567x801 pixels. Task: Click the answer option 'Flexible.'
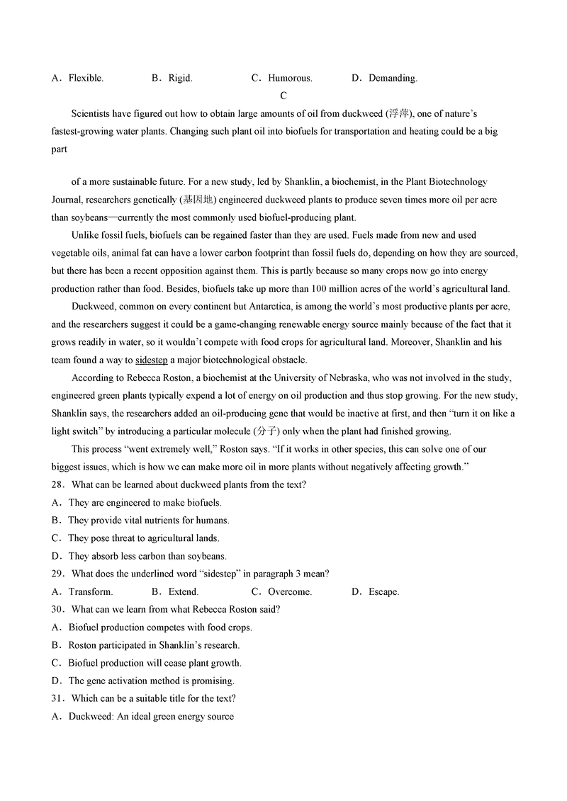point(86,78)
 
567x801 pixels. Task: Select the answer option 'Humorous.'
point(290,78)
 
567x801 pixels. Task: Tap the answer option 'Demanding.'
point(393,78)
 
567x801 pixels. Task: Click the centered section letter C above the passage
point(283,96)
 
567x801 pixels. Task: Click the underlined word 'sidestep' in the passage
point(151,360)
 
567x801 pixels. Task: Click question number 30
point(57,609)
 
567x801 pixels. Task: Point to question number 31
point(57,698)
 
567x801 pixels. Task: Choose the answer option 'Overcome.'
point(290,591)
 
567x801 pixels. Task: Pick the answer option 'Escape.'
point(383,591)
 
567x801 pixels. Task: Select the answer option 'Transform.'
point(90,591)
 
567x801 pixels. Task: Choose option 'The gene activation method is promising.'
point(151,681)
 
